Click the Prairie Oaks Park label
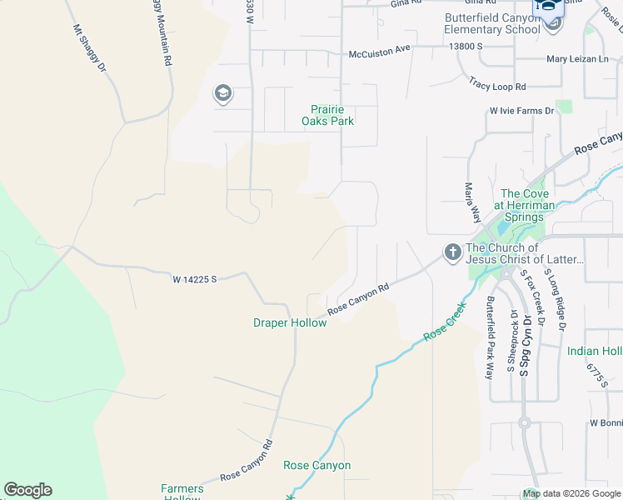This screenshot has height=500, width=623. (x=332, y=115)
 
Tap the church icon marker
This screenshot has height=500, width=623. (x=452, y=252)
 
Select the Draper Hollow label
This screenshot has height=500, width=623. (x=290, y=322)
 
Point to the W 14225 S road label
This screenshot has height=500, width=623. (x=195, y=278)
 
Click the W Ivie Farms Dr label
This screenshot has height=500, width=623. (x=521, y=111)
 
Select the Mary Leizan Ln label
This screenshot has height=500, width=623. (x=578, y=59)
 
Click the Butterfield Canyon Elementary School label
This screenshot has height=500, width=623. (x=491, y=23)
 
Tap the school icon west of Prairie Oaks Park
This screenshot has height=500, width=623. (x=222, y=92)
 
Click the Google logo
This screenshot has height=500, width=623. (x=27, y=490)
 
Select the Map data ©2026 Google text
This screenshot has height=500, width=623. (x=571, y=493)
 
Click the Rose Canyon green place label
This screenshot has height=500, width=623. (x=316, y=465)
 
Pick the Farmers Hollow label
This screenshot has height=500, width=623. (x=181, y=492)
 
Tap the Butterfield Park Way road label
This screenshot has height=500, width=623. (x=490, y=337)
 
